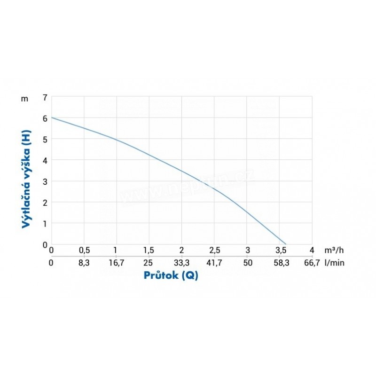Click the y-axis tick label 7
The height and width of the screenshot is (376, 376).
tap(45, 97)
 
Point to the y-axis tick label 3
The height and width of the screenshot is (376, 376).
tap(45, 181)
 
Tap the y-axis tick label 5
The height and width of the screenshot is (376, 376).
tap(45, 139)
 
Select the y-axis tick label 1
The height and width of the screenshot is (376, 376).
tap(45, 224)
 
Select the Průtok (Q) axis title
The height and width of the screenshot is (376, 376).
tap(171, 275)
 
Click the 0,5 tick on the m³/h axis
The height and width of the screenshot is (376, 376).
tap(84, 250)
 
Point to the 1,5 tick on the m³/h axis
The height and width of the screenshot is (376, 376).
tap(149, 250)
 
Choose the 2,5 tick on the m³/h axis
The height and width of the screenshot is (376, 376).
tap(214, 250)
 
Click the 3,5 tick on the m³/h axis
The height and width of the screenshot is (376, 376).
tap(280, 250)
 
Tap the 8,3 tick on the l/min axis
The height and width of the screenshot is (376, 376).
tap(84, 263)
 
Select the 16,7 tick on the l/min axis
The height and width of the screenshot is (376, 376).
tap(116, 263)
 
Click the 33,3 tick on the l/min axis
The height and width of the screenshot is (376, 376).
tap(181, 263)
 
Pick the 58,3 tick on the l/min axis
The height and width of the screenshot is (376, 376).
tap(280, 263)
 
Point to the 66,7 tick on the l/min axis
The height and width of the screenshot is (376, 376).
tap(312, 263)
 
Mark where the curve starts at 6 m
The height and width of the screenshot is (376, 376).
tap(52, 117)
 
